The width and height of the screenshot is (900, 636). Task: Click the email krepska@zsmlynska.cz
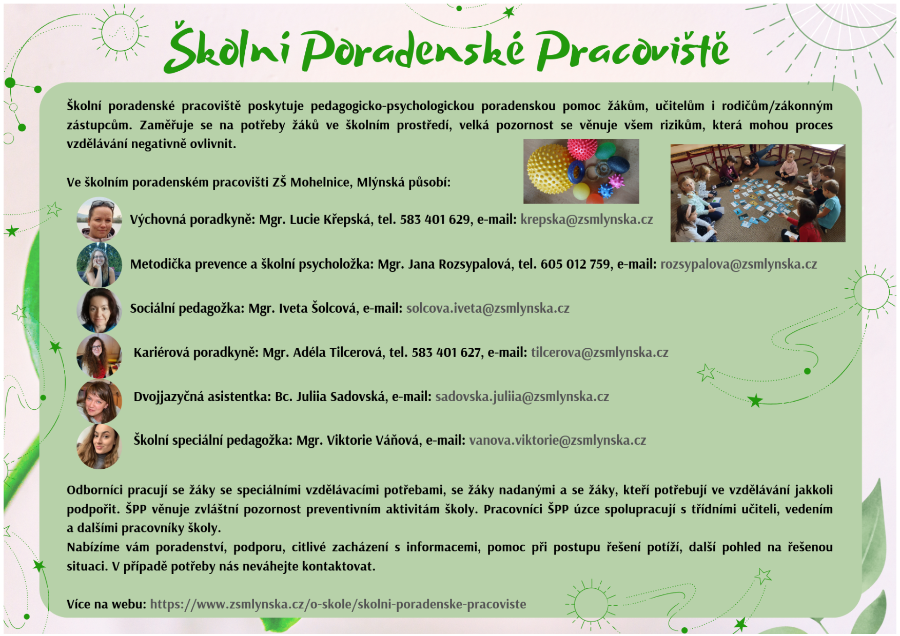click(x=586, y=220)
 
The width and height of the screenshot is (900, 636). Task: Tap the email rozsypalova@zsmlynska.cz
click(x=738, y=264)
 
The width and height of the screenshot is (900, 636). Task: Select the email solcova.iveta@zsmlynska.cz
click(x=488, y=308)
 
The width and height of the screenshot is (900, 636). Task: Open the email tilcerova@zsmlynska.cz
click(x=600, y=352)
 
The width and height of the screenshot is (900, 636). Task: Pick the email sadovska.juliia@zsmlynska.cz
click(x=522, y=396)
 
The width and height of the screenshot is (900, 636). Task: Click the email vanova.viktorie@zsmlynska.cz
click(x=558, y=441)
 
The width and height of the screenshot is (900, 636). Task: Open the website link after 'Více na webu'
click(x=338, y=604)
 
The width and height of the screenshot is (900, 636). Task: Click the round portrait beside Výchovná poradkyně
click(x=99, y=220)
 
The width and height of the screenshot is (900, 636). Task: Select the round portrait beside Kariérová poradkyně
click(x=99, y=355)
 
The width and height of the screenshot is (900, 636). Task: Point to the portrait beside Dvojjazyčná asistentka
click(x=99, y=401)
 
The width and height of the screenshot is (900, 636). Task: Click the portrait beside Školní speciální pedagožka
click(x=99, y=446)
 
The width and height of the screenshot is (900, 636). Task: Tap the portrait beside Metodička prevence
click(x=99, y=265)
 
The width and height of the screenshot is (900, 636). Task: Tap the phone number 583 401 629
click(x=435, y=220)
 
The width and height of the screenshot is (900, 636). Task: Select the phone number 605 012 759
click(x=575, y=264)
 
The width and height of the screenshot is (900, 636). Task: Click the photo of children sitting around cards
click(x=757, y=193)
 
